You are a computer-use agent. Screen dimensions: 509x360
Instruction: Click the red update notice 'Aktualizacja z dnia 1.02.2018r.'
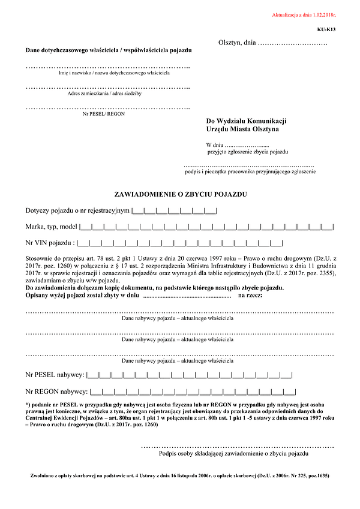[x=304, y=14]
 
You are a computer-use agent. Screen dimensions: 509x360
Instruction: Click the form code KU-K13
[x=326, y=29]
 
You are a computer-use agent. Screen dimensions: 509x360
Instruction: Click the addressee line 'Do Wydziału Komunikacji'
[x=246, y=121]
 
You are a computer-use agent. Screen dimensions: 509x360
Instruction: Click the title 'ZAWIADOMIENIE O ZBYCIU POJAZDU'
[x=180, y=194]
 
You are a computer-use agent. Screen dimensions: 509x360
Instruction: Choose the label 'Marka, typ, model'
[x=51, y=227]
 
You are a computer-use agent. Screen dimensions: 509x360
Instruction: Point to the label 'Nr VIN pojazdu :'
[x=50, y=243]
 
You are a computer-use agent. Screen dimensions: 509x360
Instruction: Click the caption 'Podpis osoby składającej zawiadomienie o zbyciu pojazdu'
[x=238, y=454]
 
